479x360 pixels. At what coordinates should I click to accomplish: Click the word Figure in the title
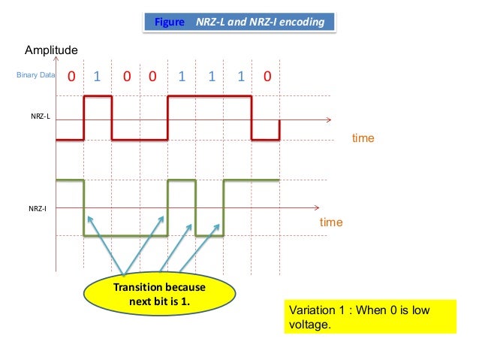(x=169, y=23)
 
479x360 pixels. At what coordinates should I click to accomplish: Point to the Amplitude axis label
(x=52, y=50)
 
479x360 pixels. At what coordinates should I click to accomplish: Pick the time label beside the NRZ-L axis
(x=363, y=139)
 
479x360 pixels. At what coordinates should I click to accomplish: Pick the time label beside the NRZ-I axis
(x=331, y=222)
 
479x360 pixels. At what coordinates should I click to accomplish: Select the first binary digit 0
(x=71, y=77)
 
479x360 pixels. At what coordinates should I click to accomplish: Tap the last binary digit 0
(x=267, y=77)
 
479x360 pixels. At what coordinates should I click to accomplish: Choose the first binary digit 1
(x=97, y=77)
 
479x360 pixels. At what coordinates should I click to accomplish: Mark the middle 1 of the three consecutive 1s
(x=212, y=77)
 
